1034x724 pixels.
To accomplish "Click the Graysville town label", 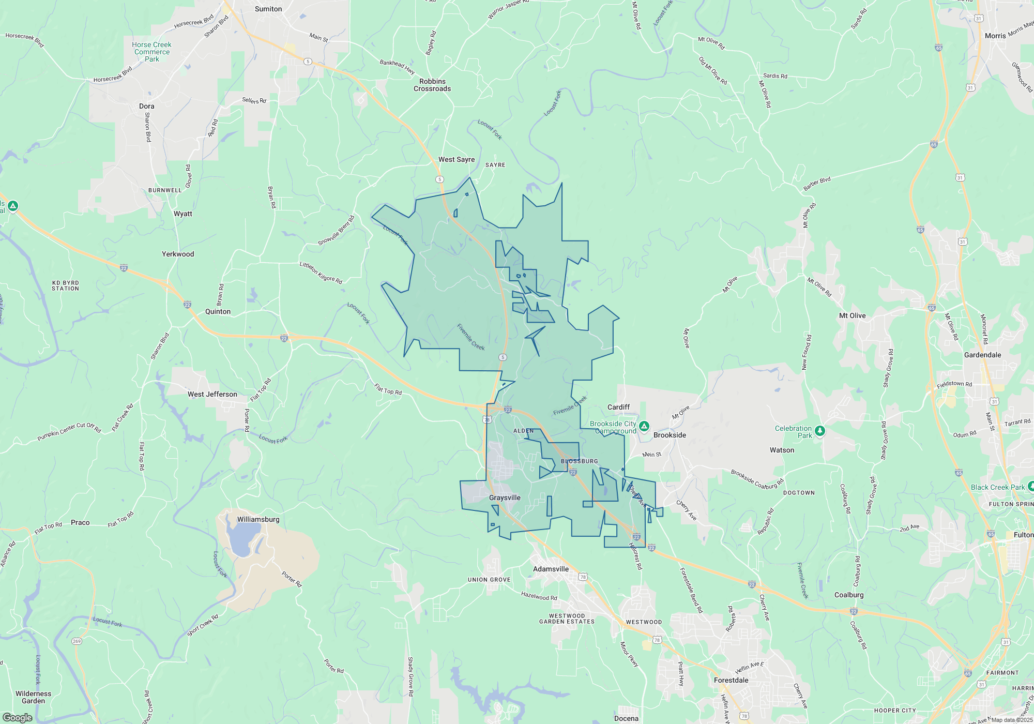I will click(505, 497).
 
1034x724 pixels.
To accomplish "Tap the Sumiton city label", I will click(268, 9).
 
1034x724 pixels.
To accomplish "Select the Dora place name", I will click(146, 106).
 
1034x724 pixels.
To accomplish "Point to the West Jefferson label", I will click(212, 394).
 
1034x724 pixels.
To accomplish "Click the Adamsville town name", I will click(551, 569).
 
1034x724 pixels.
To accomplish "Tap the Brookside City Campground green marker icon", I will click(644, 426).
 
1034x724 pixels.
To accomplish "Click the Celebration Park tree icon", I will click(819, 430).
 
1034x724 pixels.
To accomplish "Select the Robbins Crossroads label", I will click(432, 85).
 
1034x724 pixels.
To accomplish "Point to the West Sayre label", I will click(457, 159).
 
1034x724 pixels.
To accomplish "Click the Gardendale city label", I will click(982, 355).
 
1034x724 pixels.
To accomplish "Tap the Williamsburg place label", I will click(258, 519).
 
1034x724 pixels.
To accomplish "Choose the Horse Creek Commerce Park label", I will click(151, 52).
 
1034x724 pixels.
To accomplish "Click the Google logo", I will click(18, 717).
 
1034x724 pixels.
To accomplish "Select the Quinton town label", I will click(218, 311).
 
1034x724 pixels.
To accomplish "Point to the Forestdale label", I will click(731, 680).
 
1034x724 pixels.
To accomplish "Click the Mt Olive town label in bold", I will click(852, 315).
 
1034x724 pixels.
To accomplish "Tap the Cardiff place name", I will click(618, 407).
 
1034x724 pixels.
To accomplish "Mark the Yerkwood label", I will click(178, 254).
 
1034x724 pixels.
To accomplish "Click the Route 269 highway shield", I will click(77, 641).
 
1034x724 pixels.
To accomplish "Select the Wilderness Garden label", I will click(34, 697).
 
